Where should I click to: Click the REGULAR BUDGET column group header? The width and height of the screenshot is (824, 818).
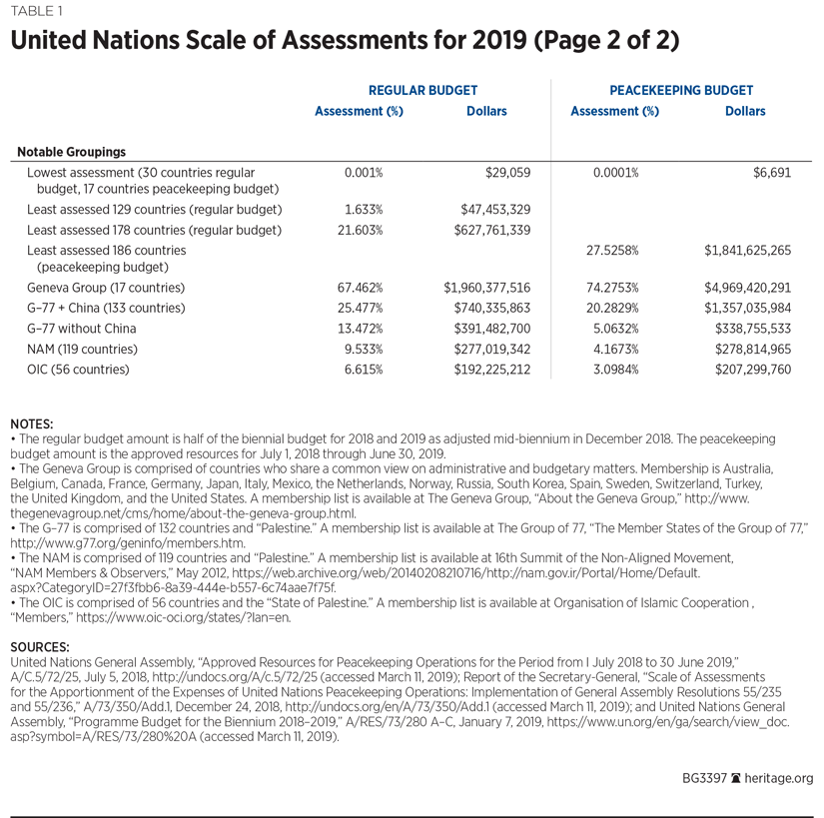(x=422, y=90)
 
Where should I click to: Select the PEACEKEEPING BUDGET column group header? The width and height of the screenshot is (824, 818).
(x=680, y=90)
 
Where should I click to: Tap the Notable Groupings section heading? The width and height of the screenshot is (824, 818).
(x=72, y=152)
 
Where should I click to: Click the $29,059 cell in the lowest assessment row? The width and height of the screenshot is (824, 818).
(x=507, y=173)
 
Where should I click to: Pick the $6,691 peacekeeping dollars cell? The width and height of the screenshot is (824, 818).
(x=772, y=173)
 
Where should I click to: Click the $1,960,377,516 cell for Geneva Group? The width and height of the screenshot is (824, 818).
(x=486, y=288)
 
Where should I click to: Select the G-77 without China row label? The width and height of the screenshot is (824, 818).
(x=82, y=329)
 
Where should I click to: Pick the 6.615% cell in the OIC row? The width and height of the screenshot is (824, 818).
(x=358, y=370)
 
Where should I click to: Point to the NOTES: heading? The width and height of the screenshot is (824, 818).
(x=31, y=423)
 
